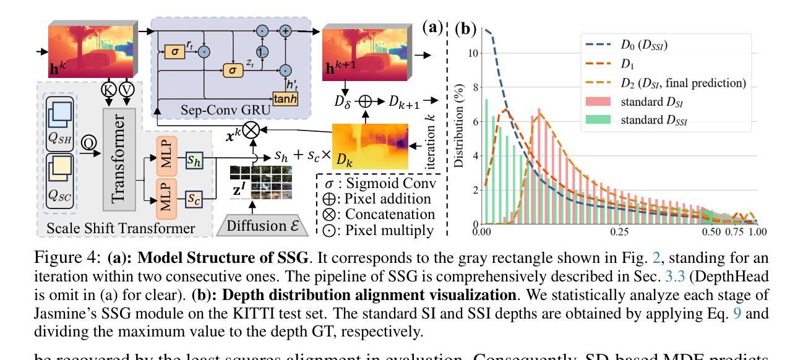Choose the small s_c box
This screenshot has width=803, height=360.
(197, 201)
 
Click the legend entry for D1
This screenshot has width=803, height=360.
(624, 64)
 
